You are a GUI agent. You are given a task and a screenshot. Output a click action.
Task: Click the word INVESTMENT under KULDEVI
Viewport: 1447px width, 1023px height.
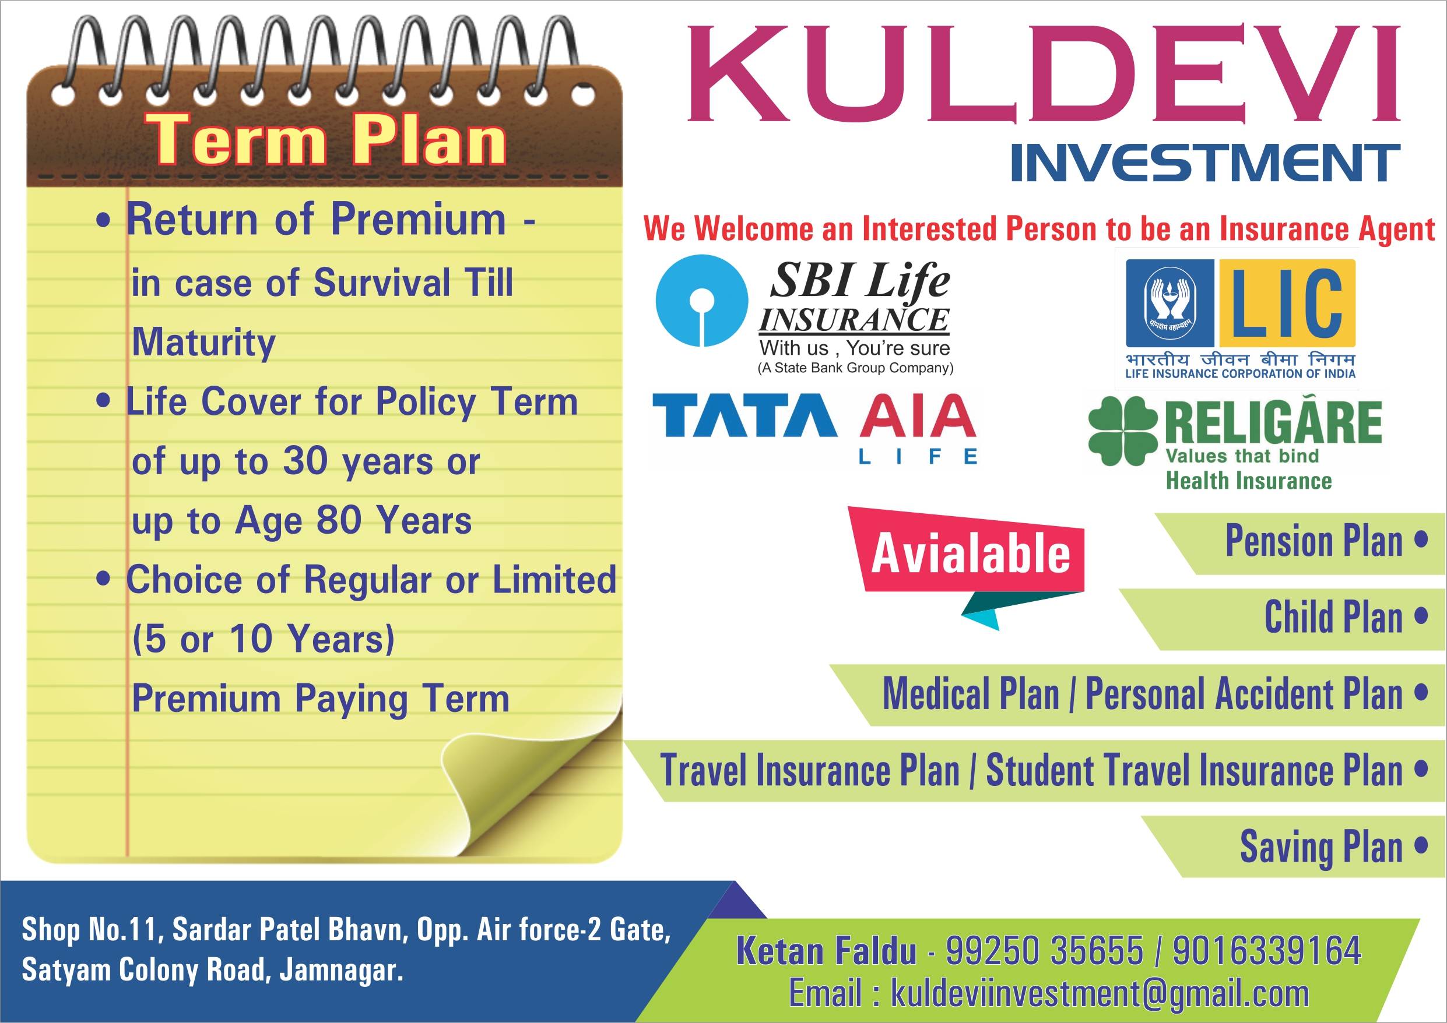[x=1205, y=163]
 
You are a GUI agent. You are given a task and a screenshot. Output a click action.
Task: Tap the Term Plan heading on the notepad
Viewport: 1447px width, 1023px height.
[x=326, y=139]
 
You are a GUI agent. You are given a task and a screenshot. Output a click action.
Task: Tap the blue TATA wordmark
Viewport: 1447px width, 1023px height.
[x=744, y=415]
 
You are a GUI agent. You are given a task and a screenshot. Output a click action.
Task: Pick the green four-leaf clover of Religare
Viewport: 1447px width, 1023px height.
[x=1123, y=431]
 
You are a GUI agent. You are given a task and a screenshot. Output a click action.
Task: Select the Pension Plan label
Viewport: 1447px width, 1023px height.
[x=1314, y=541]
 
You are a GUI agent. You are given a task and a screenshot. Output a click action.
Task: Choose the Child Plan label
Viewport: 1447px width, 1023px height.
[x=1333, y=617]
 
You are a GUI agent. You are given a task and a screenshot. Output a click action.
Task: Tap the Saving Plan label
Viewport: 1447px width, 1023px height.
[x=1322, y=846]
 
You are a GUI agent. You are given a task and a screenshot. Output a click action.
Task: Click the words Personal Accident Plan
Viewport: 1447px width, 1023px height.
[x=1244, y=693]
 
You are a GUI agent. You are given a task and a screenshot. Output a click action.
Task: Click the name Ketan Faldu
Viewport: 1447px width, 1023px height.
[x=826, y=950]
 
